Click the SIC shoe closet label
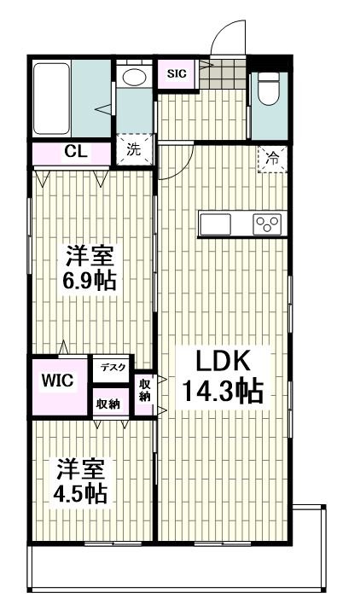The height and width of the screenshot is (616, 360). point(177,73)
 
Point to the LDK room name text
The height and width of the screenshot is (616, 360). point(219,361)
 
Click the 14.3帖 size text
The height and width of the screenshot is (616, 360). point(221,392)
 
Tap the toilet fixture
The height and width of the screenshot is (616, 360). point(268,89)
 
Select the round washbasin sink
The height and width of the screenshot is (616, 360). point(133,77)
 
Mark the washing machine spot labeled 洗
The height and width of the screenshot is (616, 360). point(134,148)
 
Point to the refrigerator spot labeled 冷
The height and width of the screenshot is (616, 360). point(272,157)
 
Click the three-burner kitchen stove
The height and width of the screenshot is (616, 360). point(267,224)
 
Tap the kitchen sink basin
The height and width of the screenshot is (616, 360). point(214,224)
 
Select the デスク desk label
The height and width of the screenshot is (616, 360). point(112,368)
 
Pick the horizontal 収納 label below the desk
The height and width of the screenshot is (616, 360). point(108,403)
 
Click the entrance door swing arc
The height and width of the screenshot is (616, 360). point(226,38)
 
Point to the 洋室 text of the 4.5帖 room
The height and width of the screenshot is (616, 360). point(82,468)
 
